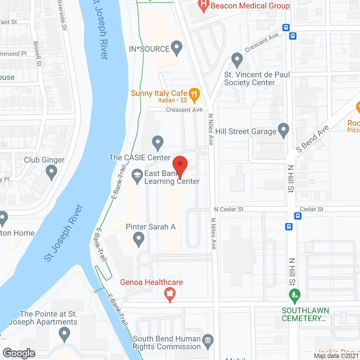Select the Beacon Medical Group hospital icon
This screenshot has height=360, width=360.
pyautogui.click(x=204, y=5)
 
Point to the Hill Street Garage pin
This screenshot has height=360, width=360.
pyautogui.click(x=283, y=130)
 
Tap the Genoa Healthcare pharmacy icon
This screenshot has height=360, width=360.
pyautogui.click(x=170, y=294)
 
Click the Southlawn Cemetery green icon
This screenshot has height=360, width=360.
pyautogui.click(x=294, y=295)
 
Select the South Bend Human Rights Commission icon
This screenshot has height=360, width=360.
pyautogui.click(x=208, y=341)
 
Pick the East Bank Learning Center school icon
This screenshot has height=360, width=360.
pyautogui.click(x=137, y=176)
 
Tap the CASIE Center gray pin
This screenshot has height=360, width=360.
pyautogui.click(x=158, y=142)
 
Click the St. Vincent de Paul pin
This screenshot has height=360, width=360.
pyautogui.click(x=237, y=60)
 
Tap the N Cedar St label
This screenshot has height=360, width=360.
pyautogui.click(x=229, y=209)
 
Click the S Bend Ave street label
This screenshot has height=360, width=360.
pyautogui.click(x=312, y=139)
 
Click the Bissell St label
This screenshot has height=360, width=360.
pyautogui.click(x=37, y=54)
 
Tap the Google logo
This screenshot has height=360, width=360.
pyautogui.click(x=19, y=353)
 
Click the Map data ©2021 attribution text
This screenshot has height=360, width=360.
pyautogui.click(x=336, y=356)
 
